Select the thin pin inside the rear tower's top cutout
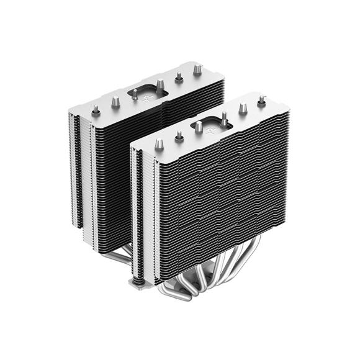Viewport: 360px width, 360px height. pyautogui.click(x=135, y=95)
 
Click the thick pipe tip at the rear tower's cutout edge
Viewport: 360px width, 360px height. pyautogui.click(x=160, y=84)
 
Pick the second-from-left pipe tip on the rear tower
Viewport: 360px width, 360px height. pyautogui.click(x=115, y=102)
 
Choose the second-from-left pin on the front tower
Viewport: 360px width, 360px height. pyautogui.click(x=178, y=135)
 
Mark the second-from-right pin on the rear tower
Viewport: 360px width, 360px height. pyautogui.click(x=178, y=77)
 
